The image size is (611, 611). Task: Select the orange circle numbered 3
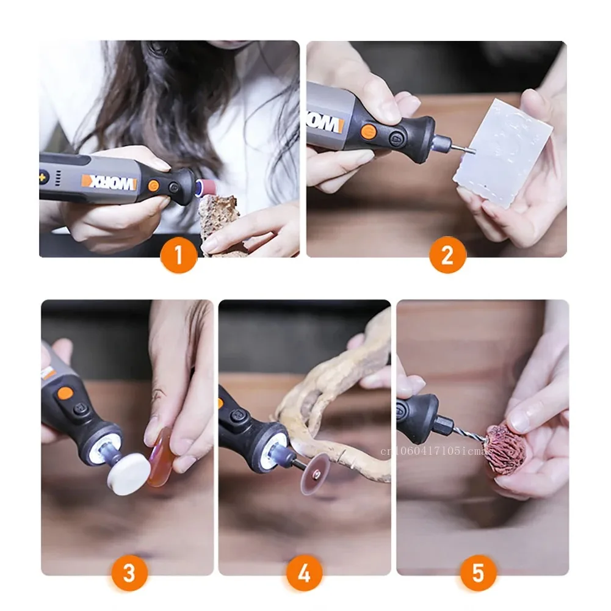coord(129,573)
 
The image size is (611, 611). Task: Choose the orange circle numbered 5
coord(478,573)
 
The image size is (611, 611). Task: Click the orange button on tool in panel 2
coord(368,131)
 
